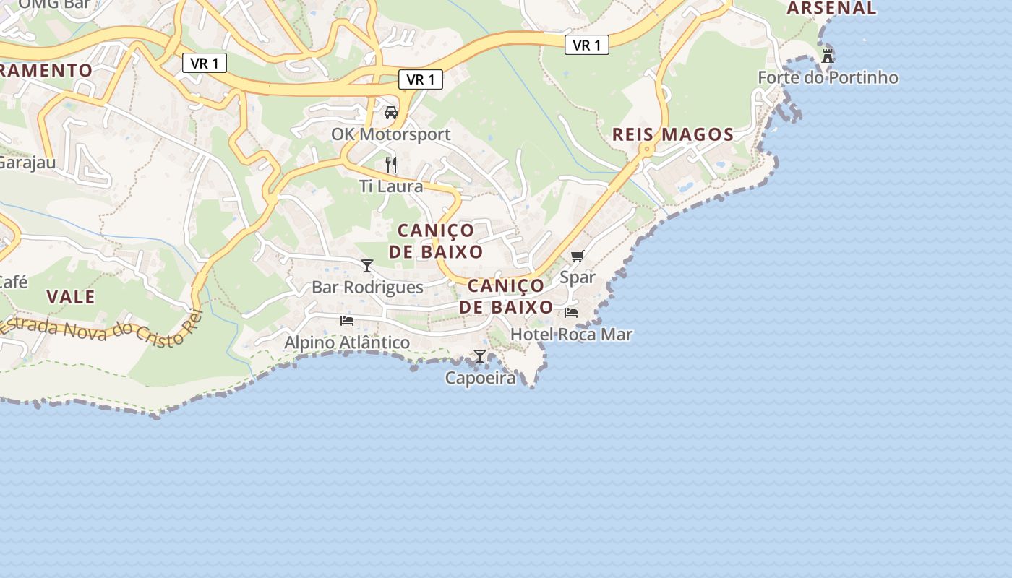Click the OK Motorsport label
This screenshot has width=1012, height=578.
tap(390, 134)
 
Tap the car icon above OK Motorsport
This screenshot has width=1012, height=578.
tap(391, 113)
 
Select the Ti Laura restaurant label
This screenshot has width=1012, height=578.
tap(391, 186)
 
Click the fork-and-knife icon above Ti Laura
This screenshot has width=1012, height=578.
tap(391, 165)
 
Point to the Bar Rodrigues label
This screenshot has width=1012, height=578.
tap(367, 288)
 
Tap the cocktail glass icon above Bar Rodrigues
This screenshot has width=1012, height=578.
tap(367, 266)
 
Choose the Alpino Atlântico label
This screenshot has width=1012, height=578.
tap(347, 342)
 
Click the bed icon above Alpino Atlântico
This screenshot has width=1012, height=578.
tap(347, 320)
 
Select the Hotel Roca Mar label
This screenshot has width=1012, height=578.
tap(571, 335)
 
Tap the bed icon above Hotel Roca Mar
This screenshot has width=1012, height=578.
tap(571, 313)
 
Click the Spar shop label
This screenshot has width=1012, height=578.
tap(578, 277)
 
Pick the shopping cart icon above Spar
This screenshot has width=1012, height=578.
tap(578, 256)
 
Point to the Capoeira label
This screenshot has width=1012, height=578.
tap(480, 378)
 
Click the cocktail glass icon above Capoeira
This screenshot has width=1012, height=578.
tap(480, 356)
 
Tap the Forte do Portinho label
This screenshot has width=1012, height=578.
tap(828, 77)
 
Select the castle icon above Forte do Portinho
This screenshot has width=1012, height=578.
tap(828, 56)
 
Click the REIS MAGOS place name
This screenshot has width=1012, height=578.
tap(673, 134)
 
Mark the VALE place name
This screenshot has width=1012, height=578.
tap(71, 297)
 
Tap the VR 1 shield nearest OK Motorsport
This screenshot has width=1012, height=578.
tap(421, 79)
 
